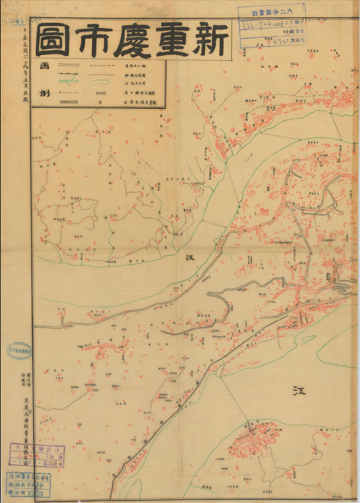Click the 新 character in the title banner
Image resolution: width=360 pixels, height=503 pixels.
click(209, 40)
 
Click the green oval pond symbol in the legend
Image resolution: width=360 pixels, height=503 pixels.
click(99, 82)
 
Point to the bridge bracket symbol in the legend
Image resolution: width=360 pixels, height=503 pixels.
click(99, 93)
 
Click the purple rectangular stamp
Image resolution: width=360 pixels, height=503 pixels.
click(37, 455)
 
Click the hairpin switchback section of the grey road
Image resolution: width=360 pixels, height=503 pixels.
click(341, 284)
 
